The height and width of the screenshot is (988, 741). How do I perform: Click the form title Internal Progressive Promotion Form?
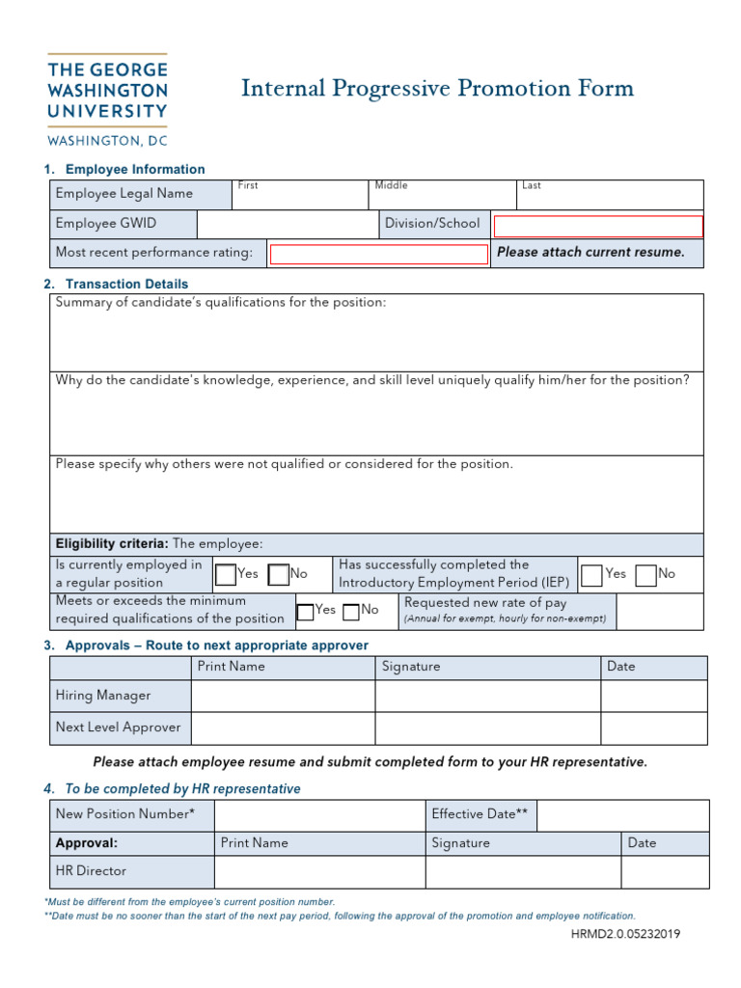[x=437, y=90]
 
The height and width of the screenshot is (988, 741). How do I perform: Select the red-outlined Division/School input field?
[x=598, y=227]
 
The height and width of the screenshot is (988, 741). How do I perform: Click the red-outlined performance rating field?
[x=378, y=255]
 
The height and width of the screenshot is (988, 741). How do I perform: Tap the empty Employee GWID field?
[x=287, y=225]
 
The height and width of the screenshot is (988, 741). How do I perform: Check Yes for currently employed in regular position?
[x=226, y=575]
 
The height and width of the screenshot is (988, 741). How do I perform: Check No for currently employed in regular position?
[x=279, y=575]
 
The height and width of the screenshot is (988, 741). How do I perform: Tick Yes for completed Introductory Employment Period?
[x=592, y=575]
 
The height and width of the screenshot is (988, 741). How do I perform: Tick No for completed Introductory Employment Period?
[x=646, y=575]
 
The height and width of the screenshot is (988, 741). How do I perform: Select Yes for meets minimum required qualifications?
[x=305, y=611]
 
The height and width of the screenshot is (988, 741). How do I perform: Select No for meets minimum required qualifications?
[x=351, y=611]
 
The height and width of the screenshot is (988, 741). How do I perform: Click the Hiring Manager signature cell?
[x=487, y=696]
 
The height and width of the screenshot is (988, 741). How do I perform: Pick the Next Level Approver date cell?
[x=653, y=727]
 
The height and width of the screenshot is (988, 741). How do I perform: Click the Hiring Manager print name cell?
[x=283, y=696]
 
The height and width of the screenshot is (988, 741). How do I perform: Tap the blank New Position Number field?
[x=319, y=815]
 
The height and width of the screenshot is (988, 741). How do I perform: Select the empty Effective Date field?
[x=622, y=815]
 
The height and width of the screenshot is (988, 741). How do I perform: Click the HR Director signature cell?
[x=523, y=872]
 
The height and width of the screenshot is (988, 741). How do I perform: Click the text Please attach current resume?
[x=590, y=253]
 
